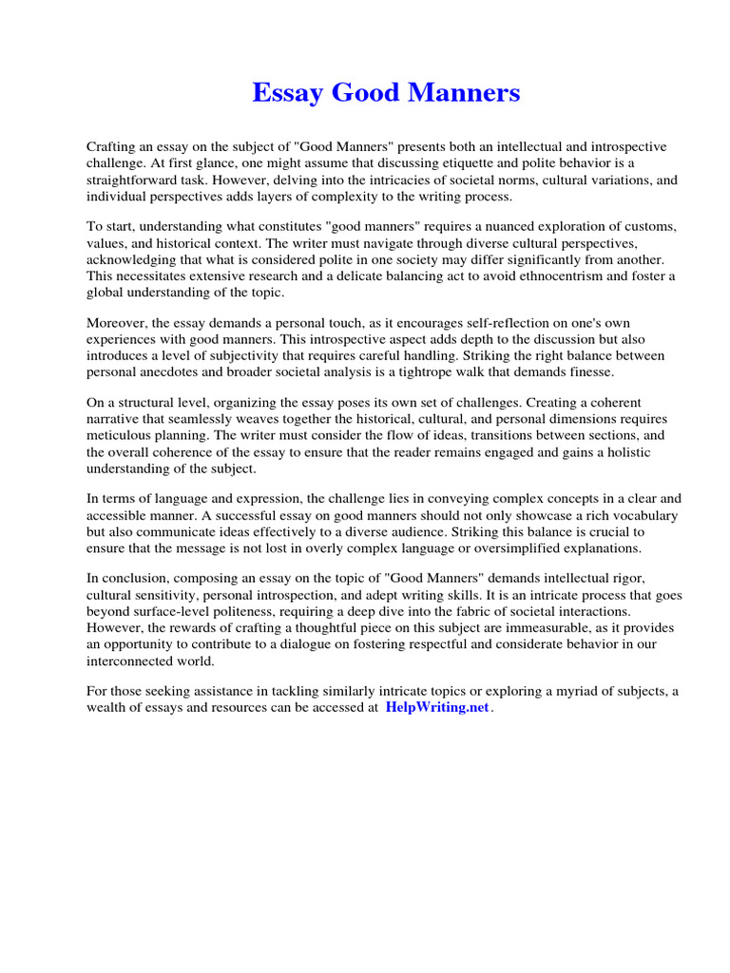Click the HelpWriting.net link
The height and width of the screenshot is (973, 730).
(436, 709)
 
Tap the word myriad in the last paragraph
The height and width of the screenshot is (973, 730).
(579, 692)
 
